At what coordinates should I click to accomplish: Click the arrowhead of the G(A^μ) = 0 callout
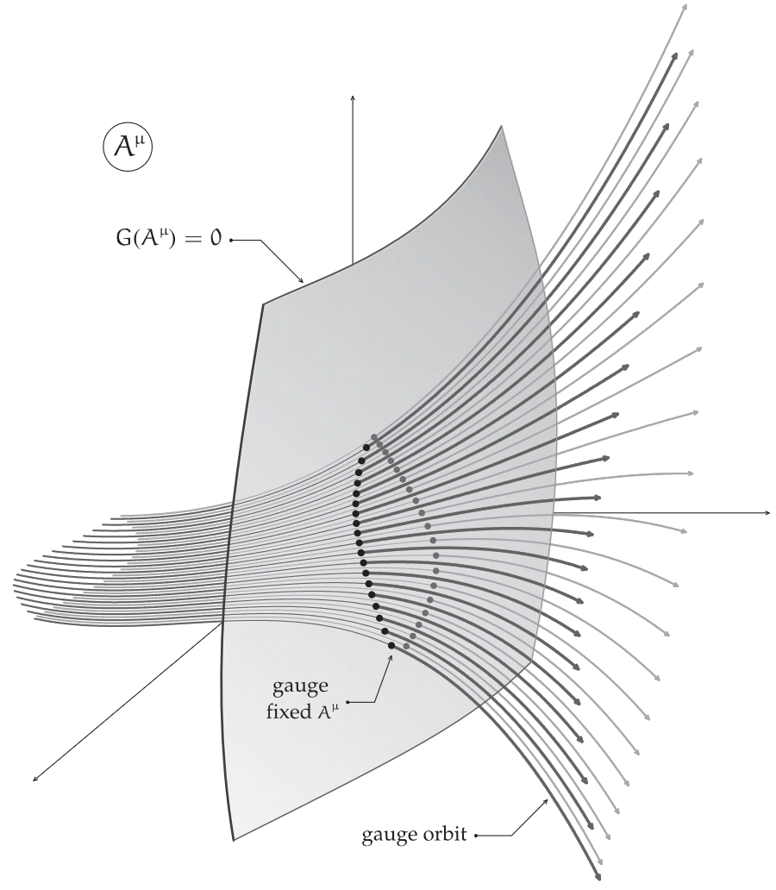pos(301,281)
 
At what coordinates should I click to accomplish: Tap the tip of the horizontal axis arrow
pos(768,513)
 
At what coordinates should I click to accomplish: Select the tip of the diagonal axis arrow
pos(34,781)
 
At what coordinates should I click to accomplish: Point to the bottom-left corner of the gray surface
pos(234,838)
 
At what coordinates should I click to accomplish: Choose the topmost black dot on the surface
pos(366,448)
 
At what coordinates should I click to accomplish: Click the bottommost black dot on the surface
pos(391,645)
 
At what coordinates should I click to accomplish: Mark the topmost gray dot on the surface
pos(373,436)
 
